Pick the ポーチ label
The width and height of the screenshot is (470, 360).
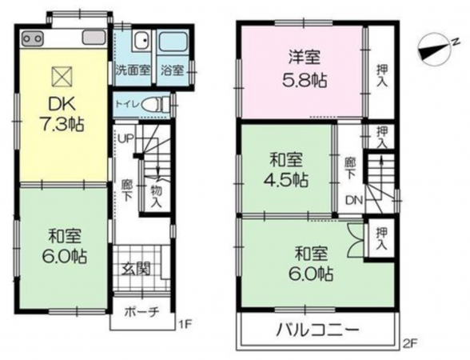[141, 312]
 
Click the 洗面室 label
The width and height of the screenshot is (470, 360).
[132, 69]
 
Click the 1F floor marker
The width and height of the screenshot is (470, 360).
[185, 323]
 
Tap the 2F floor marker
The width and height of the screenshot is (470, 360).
[410, 344]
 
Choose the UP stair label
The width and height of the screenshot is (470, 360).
[126, 138]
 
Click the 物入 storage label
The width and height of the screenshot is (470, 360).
[155, 197]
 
